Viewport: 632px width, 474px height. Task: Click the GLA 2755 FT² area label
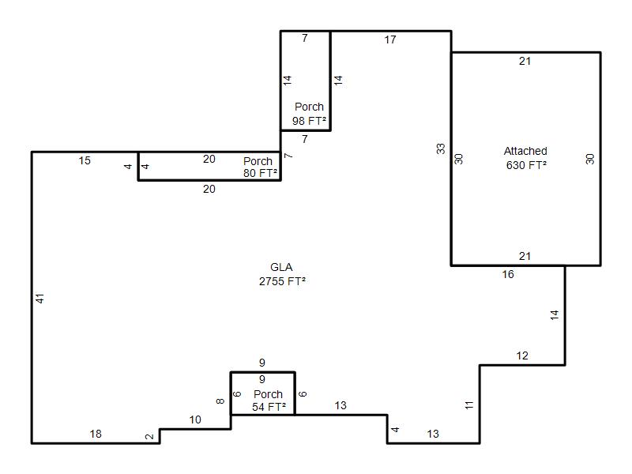pyautogui.click(x=282, y=274)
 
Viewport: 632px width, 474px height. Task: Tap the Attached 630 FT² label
pyautogui.click(x=525, y=158)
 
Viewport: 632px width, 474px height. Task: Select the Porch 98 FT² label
pyautogui.click(x=309, y=114)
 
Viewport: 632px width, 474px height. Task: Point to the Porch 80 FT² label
pyautogui.click(x=260, y=167)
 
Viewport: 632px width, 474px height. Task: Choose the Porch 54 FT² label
pyautogui.click(x=269, y=401)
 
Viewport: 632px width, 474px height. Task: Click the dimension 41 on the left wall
pyautogui.click(x=39, y=299)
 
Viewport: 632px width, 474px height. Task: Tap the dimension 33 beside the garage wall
pyautogui.click(x=441, y=149)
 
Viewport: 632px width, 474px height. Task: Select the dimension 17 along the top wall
pyautogui.click(x=390, y=39)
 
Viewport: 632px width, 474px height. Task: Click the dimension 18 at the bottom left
pyautogui.click(x=96, y=434)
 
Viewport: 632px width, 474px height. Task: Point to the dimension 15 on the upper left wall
pyautogui.click(x=85, y=160)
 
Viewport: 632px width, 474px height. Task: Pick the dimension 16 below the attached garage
pyautogui.click(x=508, y=274)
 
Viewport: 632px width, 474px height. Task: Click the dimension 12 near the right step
pyautogui.click(x=522, y=355)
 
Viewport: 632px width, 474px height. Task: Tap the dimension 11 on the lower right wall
pyautogui.click(x=469, y=405)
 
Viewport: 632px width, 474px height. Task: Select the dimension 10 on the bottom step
pyautogui.click(x=195, y=419)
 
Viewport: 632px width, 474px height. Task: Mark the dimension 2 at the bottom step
pyautogui.click(x=149, y=436)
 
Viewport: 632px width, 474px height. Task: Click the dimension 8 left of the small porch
pyautogui.click(x=220, y=401)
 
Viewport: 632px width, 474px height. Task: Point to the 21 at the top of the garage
pyautogui.click(x=525, y=61)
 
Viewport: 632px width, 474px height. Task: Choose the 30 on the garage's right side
pyautogui.click(x=590, y=159)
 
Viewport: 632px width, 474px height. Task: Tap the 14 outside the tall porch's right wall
pyautogui.click(x=338, y=80)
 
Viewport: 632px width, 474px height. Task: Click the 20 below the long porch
pyautogui.click(x=209, y=189)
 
